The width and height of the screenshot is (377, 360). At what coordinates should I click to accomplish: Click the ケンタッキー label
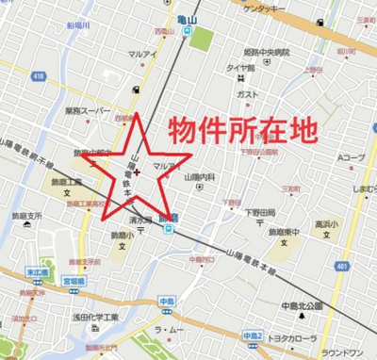point(266,8)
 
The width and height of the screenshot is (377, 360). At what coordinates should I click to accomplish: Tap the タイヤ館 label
point(239,68)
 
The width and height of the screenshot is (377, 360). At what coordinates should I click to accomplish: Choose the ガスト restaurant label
point(248,94)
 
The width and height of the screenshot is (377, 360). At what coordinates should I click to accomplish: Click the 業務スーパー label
point(87,110)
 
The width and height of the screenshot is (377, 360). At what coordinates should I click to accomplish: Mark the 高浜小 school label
point(327,224)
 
